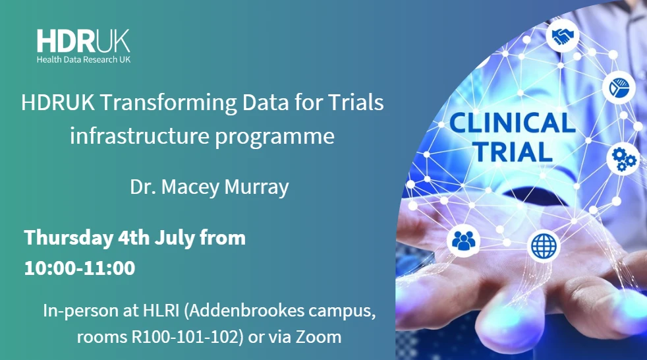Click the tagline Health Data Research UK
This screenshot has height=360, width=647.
point(83,59)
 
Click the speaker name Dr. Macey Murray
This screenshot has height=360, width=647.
point(209,187)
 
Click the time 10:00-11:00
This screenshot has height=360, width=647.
point(80,268)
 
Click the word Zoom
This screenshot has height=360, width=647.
point(320,337)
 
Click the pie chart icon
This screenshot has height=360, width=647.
point(618,86)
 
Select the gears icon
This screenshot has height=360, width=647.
point(623,158)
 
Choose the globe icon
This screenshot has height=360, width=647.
point(544,247)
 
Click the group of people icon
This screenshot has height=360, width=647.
point(464,241)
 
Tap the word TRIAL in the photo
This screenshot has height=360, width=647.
point(510,152)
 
